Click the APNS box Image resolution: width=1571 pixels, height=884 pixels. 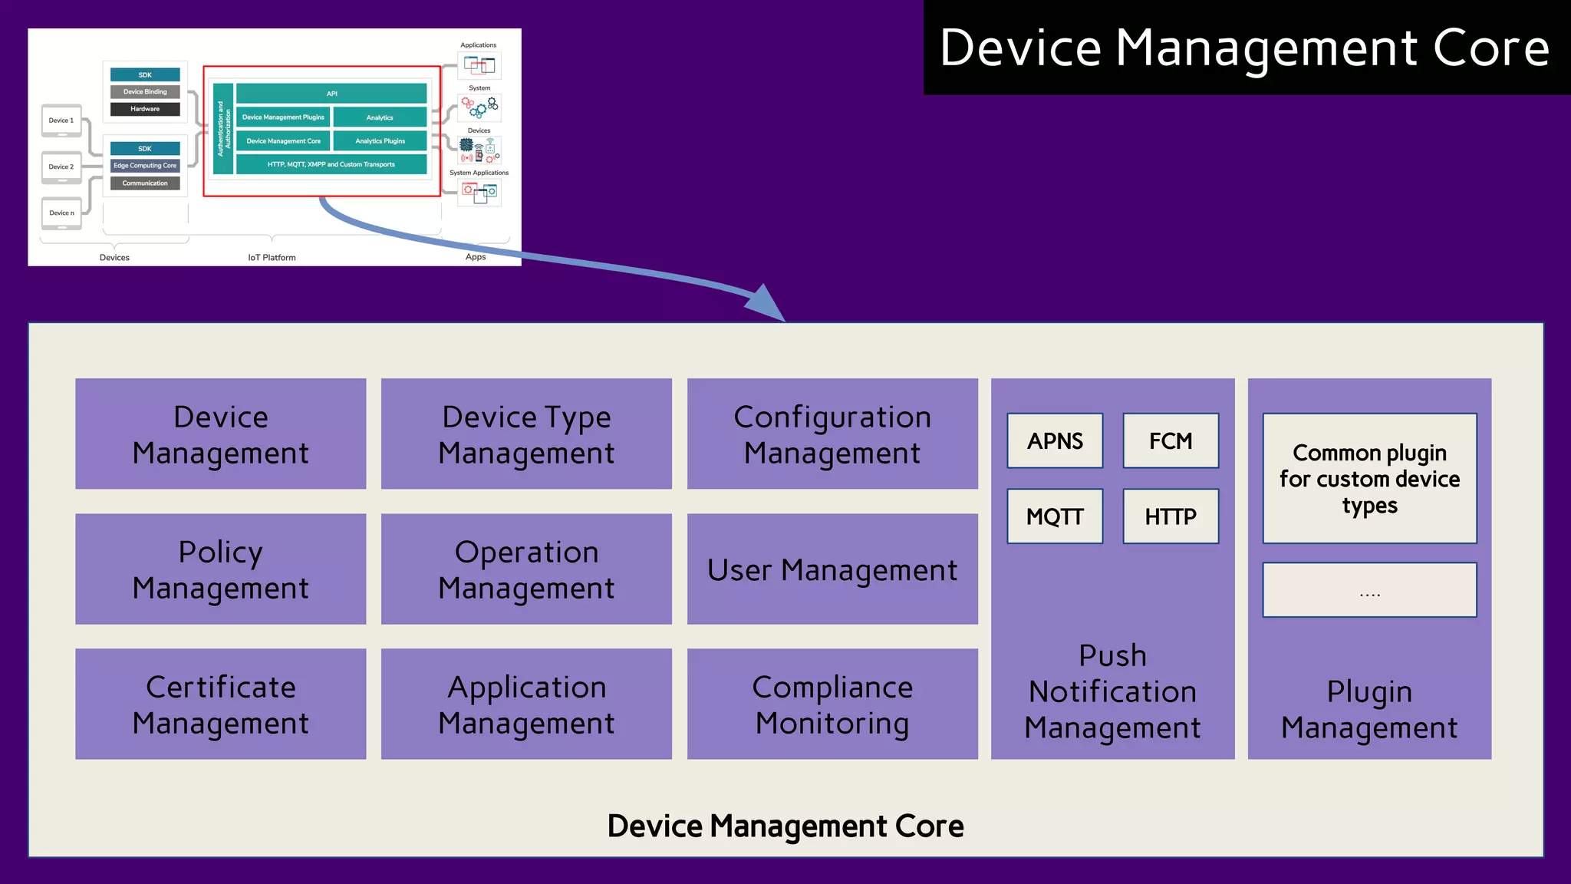1055,440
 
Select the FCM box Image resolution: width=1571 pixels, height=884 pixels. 1171,440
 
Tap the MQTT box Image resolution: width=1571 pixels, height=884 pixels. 1055,516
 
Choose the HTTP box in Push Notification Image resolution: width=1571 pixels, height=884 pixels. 1171,516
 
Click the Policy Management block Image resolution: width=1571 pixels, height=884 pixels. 220,569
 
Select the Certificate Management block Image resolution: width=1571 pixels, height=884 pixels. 220,704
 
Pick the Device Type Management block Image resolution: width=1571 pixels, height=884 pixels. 526,434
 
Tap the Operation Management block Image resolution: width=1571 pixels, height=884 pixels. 526,569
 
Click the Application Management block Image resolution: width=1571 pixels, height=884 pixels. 526,704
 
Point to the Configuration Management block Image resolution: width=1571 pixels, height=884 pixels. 832,434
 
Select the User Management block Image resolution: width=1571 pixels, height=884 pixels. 832,569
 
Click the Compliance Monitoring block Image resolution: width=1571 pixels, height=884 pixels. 832,704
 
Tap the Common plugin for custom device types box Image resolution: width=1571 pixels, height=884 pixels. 1369,479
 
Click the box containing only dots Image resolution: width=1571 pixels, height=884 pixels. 1369,590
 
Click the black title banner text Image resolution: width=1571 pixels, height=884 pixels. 1244,48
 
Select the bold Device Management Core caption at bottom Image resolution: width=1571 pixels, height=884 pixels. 785,826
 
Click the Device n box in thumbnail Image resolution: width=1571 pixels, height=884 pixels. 61,213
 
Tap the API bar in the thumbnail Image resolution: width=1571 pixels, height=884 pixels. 331,94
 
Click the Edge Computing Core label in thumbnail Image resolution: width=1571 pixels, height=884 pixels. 145,166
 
